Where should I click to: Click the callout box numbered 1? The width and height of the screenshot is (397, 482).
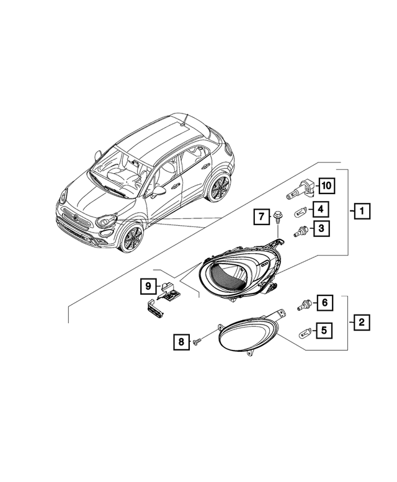[x=362, y=212]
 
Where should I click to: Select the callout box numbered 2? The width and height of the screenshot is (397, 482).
[x=362, y=322]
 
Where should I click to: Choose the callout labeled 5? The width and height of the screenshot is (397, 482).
[x=323, y=331]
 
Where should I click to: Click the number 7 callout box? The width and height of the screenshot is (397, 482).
[x=262, y=216]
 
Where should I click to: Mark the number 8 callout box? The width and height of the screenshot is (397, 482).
[x=181, y=341]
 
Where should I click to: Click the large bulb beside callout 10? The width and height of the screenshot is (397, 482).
[x=300, y=187]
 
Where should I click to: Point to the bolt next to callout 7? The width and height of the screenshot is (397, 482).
[x=278, y=219]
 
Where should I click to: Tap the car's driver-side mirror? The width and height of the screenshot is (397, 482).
[x=159, y=190]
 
